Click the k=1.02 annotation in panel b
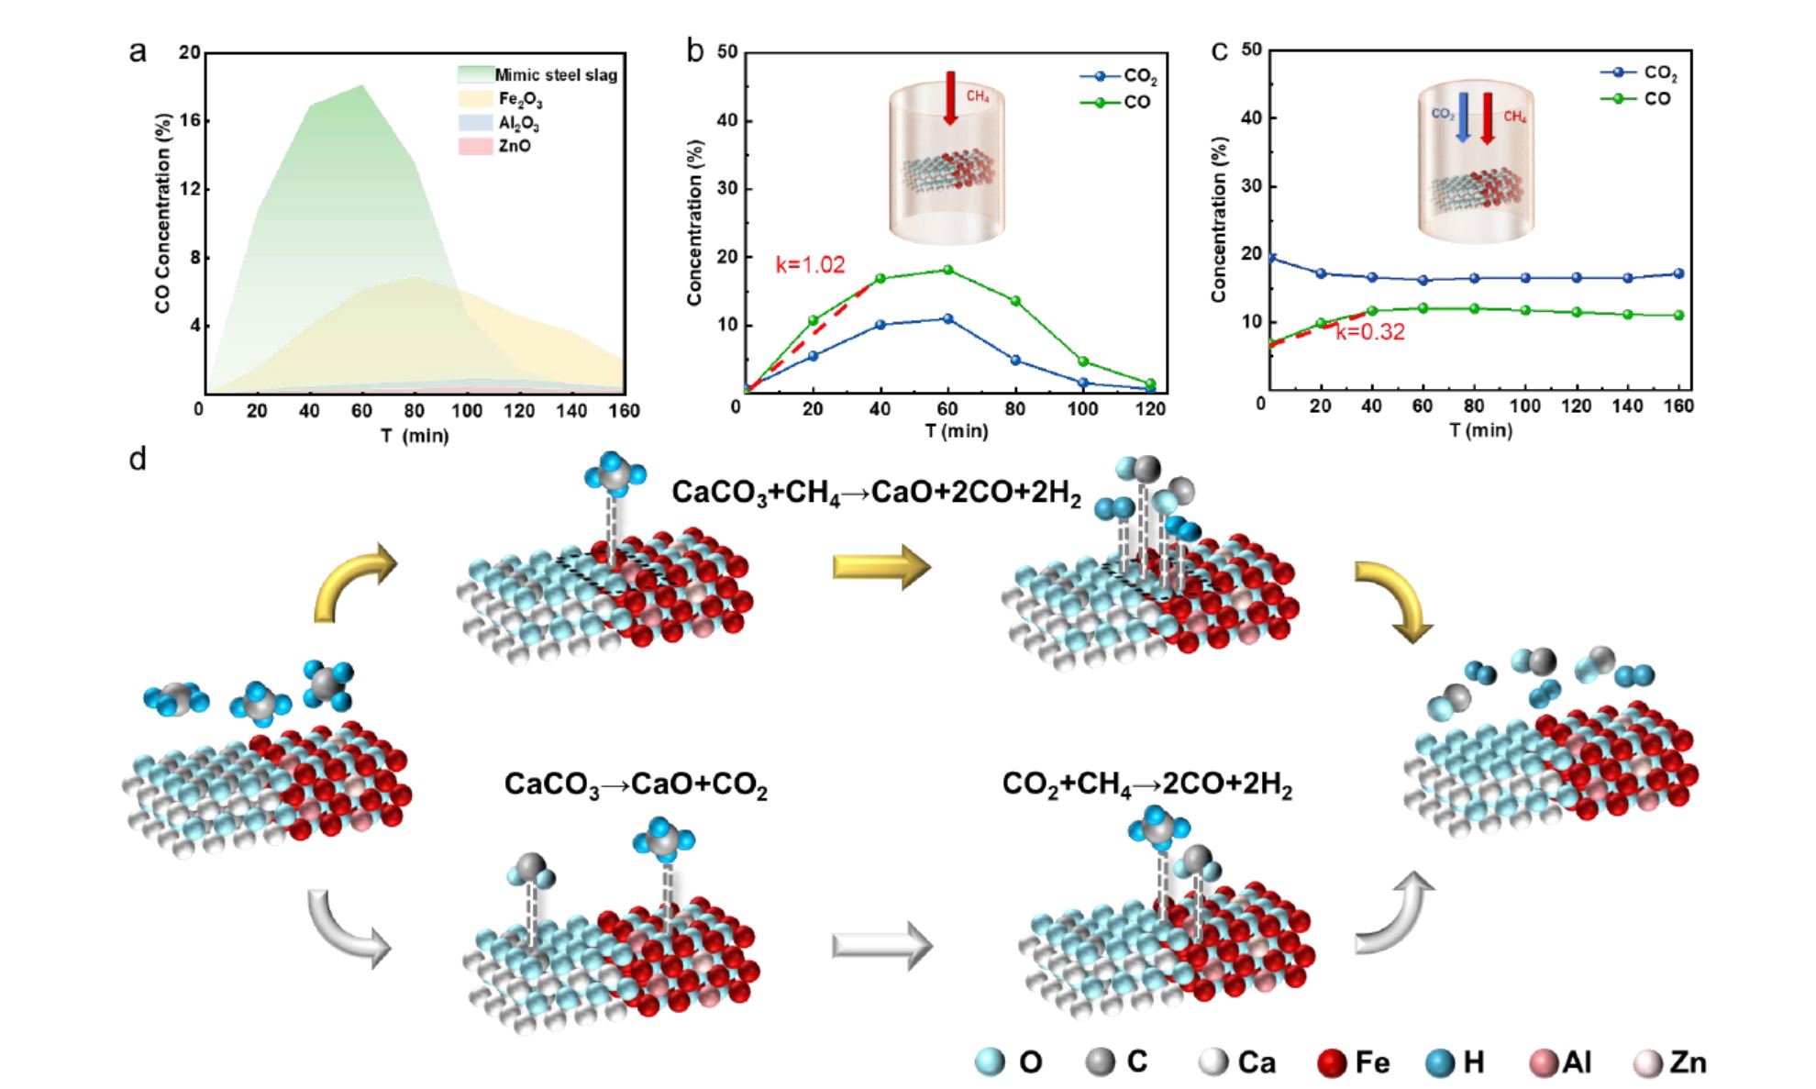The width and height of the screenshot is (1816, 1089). coord(810,265)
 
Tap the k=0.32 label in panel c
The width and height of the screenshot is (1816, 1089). coord(1370,332)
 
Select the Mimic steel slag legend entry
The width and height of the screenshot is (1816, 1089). coord(556,74)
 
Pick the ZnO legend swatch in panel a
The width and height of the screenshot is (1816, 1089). coord(476,147)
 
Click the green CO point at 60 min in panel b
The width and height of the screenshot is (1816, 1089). coord(947,270)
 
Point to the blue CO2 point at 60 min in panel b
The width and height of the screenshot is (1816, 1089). coord(947,318)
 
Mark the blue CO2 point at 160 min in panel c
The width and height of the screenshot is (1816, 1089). coord(1678,273)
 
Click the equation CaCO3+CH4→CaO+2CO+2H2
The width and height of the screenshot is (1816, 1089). coord(876,493)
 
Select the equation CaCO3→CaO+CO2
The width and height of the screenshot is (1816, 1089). coord(636,785)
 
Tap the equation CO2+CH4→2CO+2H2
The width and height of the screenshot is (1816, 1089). coord(1146,785)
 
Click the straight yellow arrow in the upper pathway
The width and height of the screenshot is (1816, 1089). coord(881,566)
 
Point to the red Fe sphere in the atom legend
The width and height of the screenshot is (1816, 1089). coord(1332,1062)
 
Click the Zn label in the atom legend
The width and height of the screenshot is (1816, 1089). coord(1688,1062)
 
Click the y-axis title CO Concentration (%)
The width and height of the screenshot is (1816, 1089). coord(163,213)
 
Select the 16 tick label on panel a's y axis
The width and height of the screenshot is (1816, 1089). coord(190,121)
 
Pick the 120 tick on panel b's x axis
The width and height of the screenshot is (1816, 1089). coord(1150,408)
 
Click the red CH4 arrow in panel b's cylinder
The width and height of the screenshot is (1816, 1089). coord(950,97)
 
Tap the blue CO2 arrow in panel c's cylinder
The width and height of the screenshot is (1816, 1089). coord(1463,117)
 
